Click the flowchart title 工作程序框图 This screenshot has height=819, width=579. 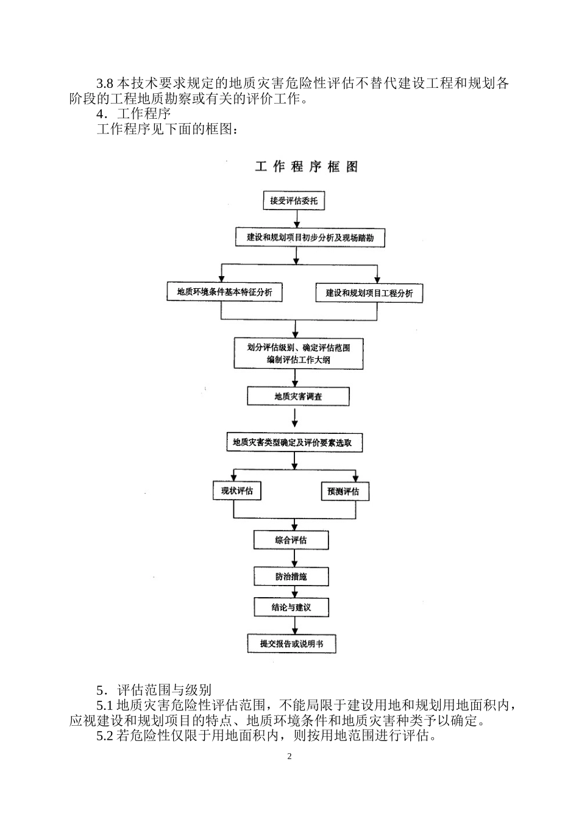point(307,167)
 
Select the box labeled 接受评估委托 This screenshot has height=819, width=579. point(294,200)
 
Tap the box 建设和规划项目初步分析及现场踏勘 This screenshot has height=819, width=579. point(310,237)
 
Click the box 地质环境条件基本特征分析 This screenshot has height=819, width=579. point(224,292)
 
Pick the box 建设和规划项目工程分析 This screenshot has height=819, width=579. point(369,293)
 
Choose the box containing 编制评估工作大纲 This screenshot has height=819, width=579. point(299,354)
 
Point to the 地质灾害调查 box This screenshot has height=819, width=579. point(298,397)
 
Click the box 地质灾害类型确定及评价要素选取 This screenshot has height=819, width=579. point(294,442)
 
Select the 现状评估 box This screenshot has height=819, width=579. point(237,491)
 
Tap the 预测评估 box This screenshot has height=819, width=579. point(344,491)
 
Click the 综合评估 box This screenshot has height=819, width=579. point(291,540)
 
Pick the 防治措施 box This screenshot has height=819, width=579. point(291,576)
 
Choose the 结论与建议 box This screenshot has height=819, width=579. point(291,607)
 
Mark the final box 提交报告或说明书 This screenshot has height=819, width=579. point(291,643)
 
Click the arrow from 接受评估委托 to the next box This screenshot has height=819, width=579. point(296,218)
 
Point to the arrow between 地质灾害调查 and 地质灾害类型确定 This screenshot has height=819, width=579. point(295,419)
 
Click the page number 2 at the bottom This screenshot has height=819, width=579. point(289,757)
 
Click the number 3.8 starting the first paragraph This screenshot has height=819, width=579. point(105,83)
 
